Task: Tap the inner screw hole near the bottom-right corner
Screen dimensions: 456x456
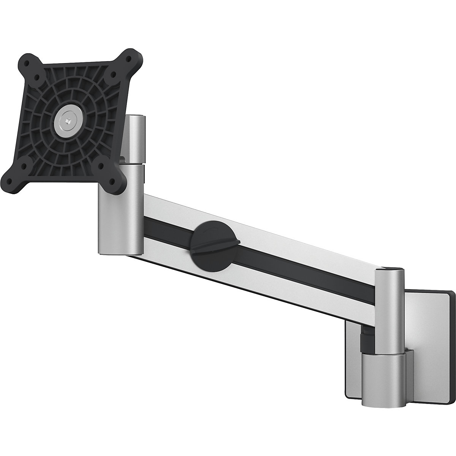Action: pos(101,166)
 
